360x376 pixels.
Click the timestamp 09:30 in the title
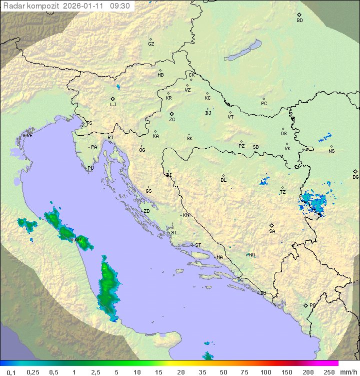pos(120,6)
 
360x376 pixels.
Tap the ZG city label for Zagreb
pos(172,120)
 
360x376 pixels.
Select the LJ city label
pos(113,105)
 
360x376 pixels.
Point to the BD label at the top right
pos(299,21)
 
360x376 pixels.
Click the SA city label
pos(272,231)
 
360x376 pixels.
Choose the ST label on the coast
pos(198,245)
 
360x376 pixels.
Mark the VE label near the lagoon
pos(29,136)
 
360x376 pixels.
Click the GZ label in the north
pos(151,44)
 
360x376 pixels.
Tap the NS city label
pos(331,151)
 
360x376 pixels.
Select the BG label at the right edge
pos(355,177)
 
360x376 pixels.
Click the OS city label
pos(283,134)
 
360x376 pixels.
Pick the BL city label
pos(223,180)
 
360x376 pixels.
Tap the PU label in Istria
pos(90,168)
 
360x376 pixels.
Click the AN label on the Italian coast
pos(77,240)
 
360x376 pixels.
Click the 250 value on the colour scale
pos(328,372)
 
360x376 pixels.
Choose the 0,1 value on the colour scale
pos(11,372)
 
